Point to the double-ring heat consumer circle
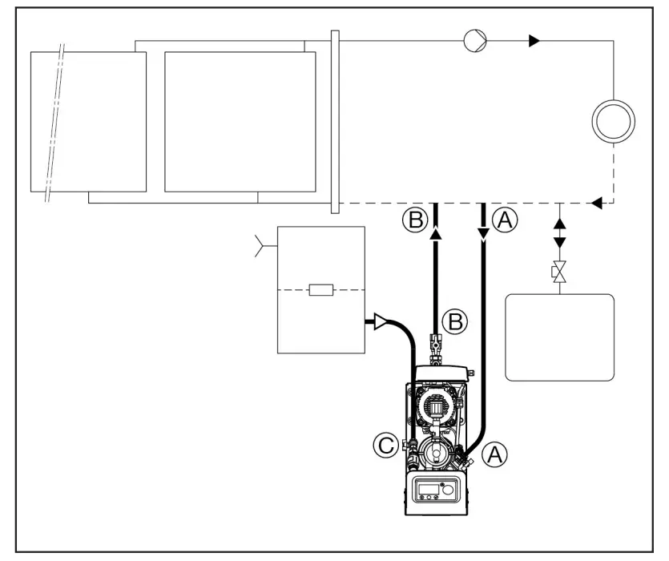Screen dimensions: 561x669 (613, 123)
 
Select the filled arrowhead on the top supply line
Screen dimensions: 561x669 (534, 40)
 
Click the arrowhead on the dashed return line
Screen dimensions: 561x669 (595, 204)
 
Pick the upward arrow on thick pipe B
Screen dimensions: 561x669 (436, 233)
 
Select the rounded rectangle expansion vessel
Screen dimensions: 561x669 (559, 336)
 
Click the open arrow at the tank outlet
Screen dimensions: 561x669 (376, 323)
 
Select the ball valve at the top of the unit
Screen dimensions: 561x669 (437, 345)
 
